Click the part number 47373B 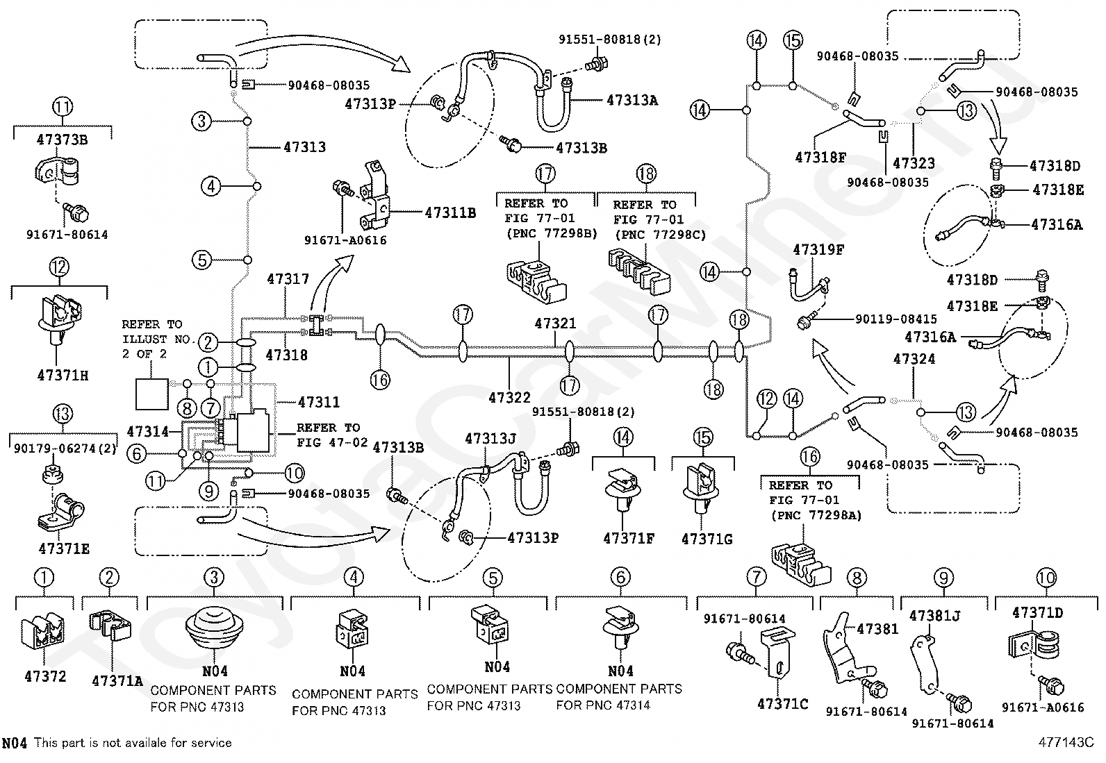pos(63,140)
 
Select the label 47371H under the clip pos(63,376)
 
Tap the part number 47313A pos(632,100)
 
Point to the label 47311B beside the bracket pos(450,212)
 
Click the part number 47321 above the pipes pos(556,324)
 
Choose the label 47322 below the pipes pos(509,397)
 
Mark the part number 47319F pos(818,250)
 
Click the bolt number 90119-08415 pos(896,319)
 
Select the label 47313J pos(490,439)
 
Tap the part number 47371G pos(707,539)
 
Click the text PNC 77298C pos(666,235)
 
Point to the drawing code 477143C pos(1066,742)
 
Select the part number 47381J pos(934,616)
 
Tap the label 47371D pos(1037,612)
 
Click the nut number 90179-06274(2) pos(65,448)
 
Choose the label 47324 pos(914,359)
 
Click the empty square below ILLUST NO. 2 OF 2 pos(152,394)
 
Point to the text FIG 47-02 pos(332,442)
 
